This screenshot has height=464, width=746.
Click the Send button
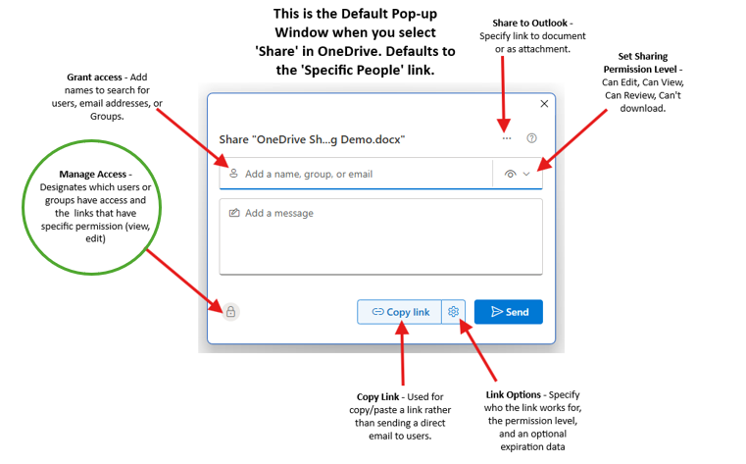pyautogui.click(x=508, y=312)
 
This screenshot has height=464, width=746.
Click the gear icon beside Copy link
pyautogui.click(x=454, y=312)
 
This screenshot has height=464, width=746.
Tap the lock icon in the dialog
pyautogui.click(x=230, y=312)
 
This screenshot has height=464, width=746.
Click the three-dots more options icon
pyautogui.click(x=507, y=139)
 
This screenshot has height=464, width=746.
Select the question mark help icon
pyautogui.click(x=532, y=139)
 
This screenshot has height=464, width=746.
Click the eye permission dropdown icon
pyautogui.click(x=517, y=174)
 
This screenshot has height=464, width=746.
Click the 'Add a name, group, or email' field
pyautogui.click(x=363, y=174)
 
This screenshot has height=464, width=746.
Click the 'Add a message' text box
pyautogui.click(x=380, y=235)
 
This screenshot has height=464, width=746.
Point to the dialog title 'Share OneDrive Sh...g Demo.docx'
pyautogui.click(x=313, y=140)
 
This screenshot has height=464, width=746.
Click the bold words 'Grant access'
pyautogui.click(x=96, y=77)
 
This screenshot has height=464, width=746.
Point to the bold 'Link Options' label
pyautogui.click(x=516, y=394)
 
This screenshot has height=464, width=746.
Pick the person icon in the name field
pyautogui.click(x=233, y=174)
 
